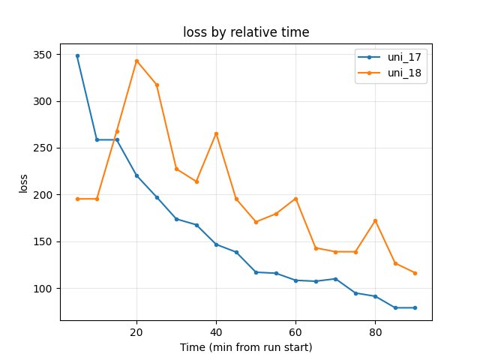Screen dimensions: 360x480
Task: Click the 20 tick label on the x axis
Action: click(136, 332)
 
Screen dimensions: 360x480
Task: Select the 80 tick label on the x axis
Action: click(375, 332)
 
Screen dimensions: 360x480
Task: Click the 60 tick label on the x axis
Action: click(295, 332)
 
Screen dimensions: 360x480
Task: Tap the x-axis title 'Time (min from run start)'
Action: click(246, 347)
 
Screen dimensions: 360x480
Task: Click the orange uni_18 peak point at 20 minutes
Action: click(136, 61)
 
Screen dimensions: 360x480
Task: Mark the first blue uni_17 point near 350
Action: click(77, 55)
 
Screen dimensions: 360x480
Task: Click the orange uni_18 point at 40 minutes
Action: click(216, 133)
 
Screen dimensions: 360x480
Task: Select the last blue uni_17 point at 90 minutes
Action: click(415, 307)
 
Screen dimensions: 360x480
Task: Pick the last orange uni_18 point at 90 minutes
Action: click(415, 273)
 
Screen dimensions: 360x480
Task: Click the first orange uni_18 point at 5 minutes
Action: click(77, 199)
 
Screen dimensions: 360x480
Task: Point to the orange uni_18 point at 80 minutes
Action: click(375, 220)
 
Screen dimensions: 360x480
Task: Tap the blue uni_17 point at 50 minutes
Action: click(256, 272)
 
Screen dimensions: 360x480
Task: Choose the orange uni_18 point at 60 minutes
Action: click(295, 199)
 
